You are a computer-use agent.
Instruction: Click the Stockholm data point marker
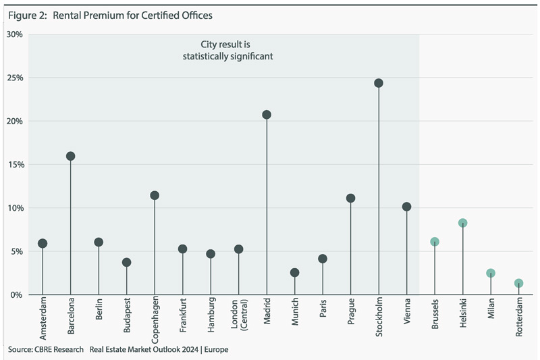click(378, 83)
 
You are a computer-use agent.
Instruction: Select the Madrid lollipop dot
click(267, 115)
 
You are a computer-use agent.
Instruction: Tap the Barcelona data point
click(70, 156)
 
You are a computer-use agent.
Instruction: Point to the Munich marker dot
click(294, 273)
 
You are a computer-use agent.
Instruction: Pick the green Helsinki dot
click(462, 223)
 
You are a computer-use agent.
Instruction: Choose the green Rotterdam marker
click(518, 284)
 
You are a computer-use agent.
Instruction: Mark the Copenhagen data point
click(155, 195)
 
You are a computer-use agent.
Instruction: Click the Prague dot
click(350, 199)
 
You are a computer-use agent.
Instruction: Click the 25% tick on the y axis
click(15, 78)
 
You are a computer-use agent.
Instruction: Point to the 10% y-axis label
click(15, 208)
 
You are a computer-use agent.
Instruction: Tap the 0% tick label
click(17, 295)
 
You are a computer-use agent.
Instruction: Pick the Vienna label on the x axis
click(406, 313)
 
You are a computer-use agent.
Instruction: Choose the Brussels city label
click(435, 314)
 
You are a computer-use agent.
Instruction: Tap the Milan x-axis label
click(491, 310)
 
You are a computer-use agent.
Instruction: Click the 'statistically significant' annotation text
click(227, 57)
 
